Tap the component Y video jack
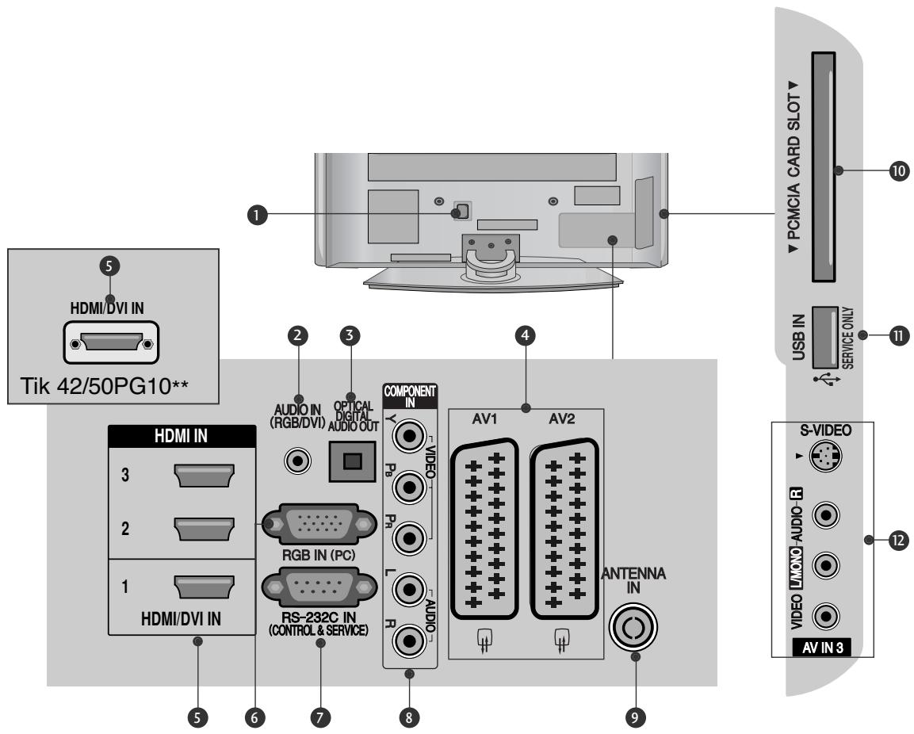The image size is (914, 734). point(410,436)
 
